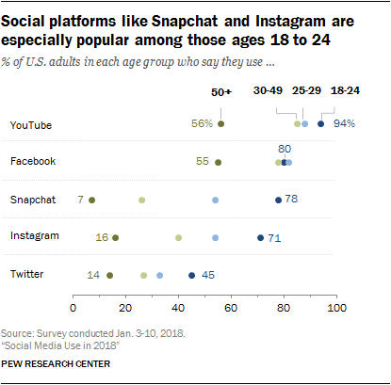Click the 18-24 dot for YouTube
coord(321,124)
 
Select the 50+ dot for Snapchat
coord(91,200)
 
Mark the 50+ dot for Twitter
coord(110,275)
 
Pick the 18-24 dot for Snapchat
coord(278,200)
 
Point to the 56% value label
coord(202,124)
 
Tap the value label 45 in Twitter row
coord(208,275)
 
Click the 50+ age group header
coord(220,93)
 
